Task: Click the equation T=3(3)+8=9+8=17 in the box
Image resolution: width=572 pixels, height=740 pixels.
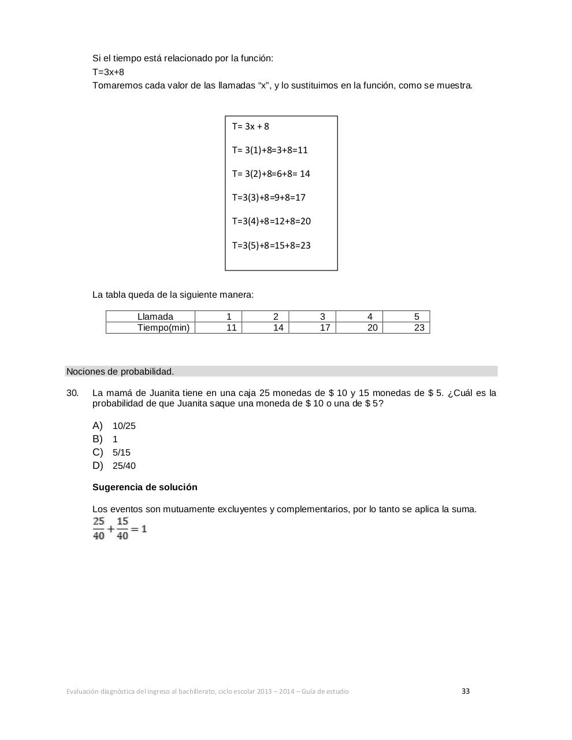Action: [x=269, y=198]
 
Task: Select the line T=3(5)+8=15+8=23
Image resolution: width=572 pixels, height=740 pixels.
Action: [x=271, y=246]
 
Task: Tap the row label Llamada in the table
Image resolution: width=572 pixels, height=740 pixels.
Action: [x=155, y=317]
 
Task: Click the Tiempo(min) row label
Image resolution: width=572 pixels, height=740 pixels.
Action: [x=163, y=328]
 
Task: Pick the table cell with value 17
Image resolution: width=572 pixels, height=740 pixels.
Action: [x=325, y=328]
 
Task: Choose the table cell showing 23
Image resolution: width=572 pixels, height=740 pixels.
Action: [x=419, y=328]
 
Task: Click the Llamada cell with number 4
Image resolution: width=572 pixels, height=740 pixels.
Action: [x=370, y=317]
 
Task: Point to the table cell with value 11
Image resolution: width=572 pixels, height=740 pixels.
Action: [x=231, y=328]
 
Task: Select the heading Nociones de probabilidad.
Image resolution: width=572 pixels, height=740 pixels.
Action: [x=120, y=372]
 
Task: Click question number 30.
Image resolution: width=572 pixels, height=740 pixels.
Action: [x=72, y=393]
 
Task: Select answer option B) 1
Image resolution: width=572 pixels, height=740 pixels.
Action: [x=105, y=439]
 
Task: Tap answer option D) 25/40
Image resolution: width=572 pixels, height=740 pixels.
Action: [x=114, y=466]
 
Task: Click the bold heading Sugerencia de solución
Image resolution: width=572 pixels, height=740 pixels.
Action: [x=145, y=487]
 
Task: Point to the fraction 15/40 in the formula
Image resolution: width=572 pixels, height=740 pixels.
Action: [x=122, y=529]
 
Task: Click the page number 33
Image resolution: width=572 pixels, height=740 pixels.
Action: [x=466, y=691]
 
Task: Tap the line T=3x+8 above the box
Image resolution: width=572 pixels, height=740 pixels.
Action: [x=108, y=72]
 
